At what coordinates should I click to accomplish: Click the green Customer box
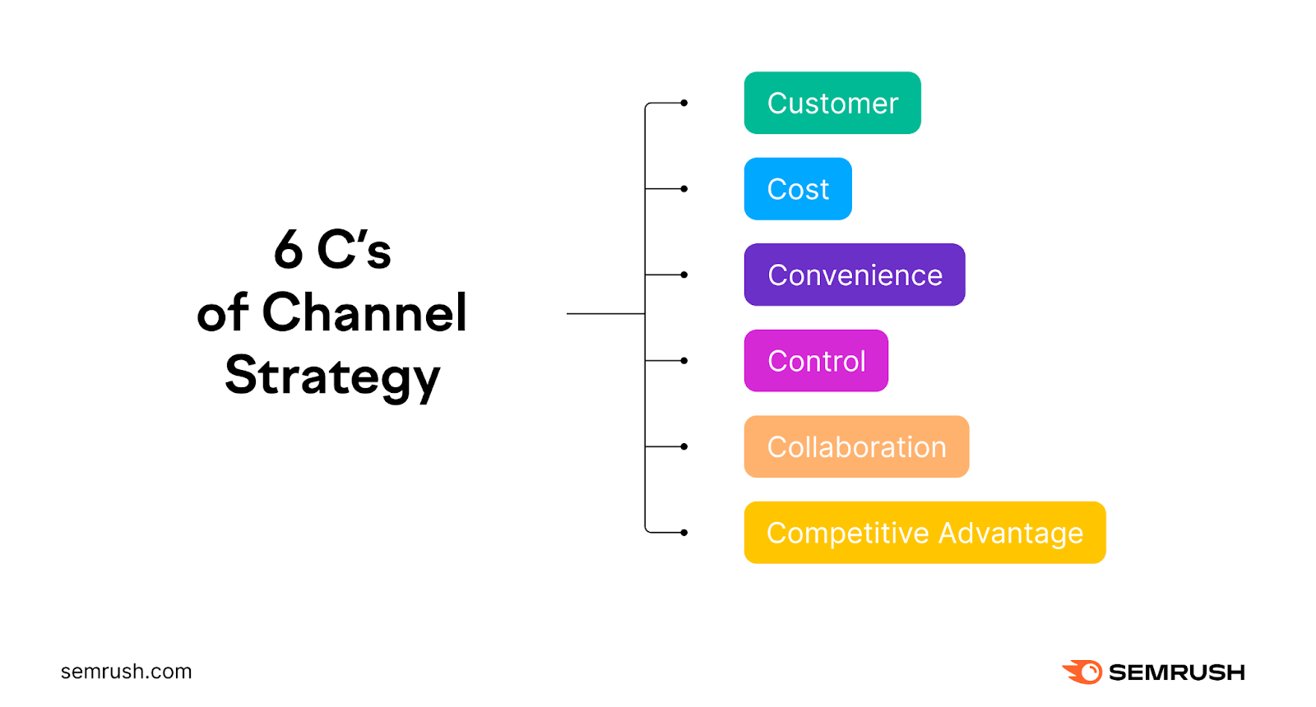(832, 103)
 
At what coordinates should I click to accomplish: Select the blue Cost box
(797, 189)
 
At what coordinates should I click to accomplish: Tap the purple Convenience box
(854, 275)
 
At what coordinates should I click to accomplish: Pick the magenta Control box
(815, 361)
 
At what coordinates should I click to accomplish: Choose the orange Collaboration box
(855, 446)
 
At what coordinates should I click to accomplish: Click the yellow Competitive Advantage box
(924, 533)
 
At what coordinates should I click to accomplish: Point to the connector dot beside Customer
(684, 103)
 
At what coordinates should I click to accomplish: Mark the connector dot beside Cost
(684, 189)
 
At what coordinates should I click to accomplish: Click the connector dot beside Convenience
(684, 275)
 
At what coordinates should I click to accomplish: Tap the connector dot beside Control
(684, 361)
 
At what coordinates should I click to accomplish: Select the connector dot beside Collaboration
(684, 446)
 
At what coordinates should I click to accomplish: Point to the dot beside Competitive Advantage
(684, 533)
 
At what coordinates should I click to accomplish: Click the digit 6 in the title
(289, 250)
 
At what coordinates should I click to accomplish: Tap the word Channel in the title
(364, 313)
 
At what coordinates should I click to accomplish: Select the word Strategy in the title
(332, 377)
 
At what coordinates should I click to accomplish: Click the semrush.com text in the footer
(126, 672)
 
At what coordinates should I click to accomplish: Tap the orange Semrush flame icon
(1083, 672)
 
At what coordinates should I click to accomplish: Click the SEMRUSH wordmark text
(1176, 672)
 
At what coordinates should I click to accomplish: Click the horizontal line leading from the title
(605, 313)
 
